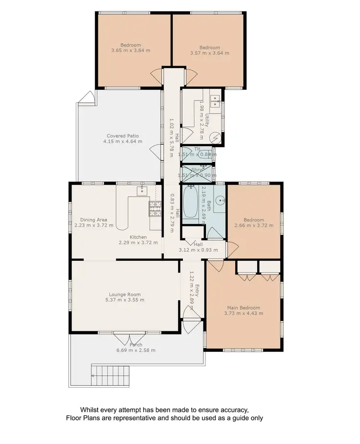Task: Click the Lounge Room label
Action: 124,294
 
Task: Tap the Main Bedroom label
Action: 244,308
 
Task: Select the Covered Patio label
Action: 122,136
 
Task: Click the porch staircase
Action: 111,371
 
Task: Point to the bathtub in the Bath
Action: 189,202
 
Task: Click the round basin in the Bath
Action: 220,200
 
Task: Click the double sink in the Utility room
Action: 216,100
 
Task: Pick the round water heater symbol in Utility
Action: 216,137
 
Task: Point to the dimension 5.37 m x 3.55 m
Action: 124,300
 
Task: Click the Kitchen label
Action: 138,237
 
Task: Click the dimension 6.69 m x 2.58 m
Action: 135,350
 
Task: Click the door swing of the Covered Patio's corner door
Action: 86,98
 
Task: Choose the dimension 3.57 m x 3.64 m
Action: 210,53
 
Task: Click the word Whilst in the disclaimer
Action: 91,410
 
